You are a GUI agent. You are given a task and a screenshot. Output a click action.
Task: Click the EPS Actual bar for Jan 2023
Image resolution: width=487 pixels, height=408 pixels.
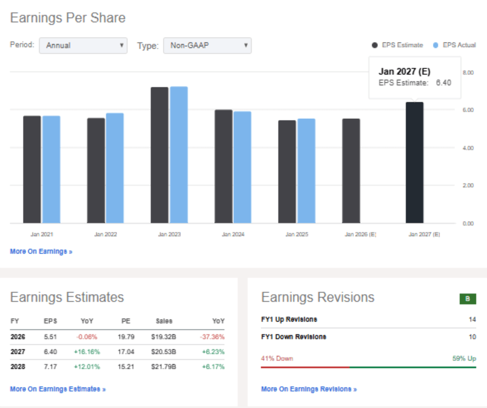tap(179, 155)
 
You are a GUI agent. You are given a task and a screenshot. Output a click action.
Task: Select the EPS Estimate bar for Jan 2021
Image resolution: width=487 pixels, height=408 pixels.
tap(32, 169)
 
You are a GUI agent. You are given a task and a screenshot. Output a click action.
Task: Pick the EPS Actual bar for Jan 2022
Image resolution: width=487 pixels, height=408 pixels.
tap(115, 168)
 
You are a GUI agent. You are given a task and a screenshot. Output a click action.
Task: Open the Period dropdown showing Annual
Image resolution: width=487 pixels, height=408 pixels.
tap(83, 45)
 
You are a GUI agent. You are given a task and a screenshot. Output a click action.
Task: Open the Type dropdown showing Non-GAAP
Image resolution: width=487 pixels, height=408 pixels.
tap(207, 45)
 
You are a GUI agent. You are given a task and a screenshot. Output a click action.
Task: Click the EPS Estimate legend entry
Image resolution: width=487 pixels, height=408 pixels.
tap(398, 45)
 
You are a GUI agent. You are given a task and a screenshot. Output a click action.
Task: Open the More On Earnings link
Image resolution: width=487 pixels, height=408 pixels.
tap(41, 252)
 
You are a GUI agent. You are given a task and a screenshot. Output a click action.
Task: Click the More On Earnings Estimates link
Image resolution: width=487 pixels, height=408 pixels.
tap(57, 389)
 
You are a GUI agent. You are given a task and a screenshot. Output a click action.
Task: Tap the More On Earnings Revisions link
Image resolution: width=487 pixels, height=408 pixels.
tap(309, 389)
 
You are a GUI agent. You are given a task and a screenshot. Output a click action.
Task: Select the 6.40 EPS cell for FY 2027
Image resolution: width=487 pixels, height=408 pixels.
tap(50, 352)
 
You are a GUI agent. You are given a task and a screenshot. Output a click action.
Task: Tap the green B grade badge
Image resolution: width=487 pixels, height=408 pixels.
tap(467, 299)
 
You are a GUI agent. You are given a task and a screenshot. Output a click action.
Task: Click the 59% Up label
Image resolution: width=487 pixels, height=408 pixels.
tap(464, 358)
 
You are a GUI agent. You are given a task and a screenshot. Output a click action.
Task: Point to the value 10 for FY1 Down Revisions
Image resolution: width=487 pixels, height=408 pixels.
tap(472, 337)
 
